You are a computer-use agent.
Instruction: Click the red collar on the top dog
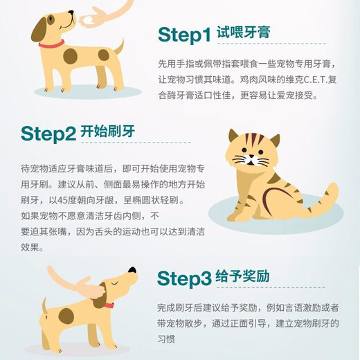tap(51, 44)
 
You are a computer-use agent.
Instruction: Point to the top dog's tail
tap(118, 48)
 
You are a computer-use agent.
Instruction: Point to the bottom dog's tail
tap(44, 307)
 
